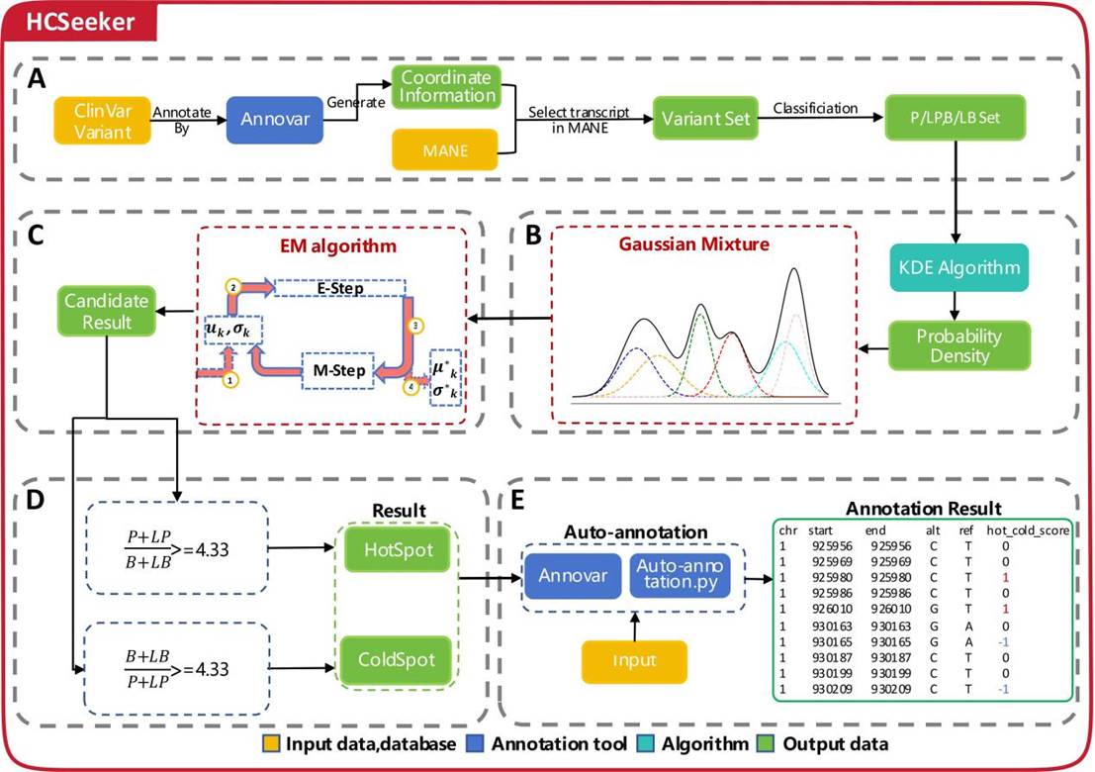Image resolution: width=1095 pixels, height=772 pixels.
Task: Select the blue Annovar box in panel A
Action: tap(274, 121)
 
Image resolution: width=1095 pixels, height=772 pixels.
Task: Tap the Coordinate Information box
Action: tap(446, 86)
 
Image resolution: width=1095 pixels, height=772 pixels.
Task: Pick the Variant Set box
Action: tap(701, 121)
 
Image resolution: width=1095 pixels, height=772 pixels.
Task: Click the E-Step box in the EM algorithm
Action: tap(337, 287)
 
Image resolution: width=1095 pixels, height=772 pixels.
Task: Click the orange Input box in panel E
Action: tap(634, 660)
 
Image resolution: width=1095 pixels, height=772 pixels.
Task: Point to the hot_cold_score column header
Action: tap(1027, 530)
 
